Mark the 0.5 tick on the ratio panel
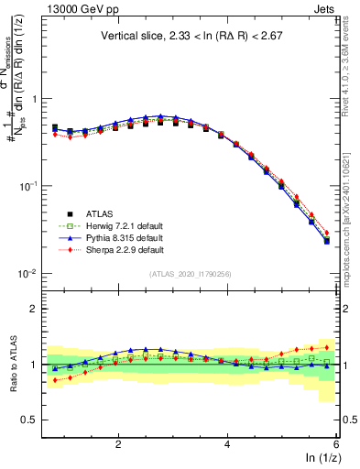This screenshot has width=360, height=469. (27, 420)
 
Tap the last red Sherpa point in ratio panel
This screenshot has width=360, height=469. (327, 347)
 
